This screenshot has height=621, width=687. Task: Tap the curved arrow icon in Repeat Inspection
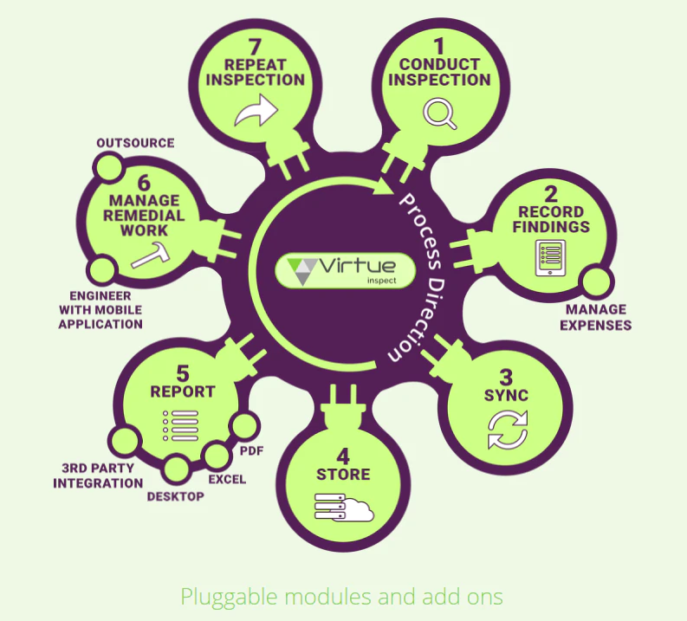[256, 110]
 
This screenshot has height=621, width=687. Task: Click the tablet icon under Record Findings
[551, 258]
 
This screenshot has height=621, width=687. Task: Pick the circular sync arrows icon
[508, 430]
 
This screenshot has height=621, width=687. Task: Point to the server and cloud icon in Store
[344, 508]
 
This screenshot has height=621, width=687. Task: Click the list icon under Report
[180, 425]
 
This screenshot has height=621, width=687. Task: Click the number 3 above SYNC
[506, 378]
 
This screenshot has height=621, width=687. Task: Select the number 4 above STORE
[343, 457]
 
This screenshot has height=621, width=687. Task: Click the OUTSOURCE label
[135, 143]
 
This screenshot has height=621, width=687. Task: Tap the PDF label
[251, 450]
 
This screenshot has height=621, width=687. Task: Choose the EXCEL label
[227, 480]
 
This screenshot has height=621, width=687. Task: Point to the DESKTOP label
[175, 496]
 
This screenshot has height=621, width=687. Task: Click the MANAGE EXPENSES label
[595, 318]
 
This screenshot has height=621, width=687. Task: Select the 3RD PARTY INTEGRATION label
[98, 475]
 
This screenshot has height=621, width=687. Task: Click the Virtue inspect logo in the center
[345, 270]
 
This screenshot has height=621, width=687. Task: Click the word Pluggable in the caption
[228, 598]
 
